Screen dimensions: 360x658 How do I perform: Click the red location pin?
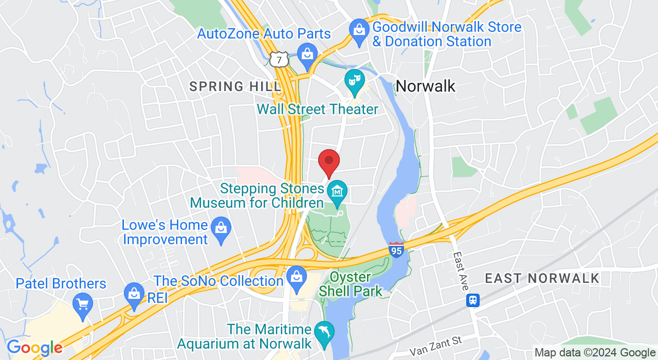[x=329, y=161]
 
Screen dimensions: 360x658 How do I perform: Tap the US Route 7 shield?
[x=279, y=60]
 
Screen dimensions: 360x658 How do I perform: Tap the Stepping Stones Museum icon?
[x=337, y=192]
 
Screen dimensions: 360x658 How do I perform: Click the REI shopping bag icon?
[x=134, y=295]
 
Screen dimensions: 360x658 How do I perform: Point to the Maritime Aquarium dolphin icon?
[x=324, y=332]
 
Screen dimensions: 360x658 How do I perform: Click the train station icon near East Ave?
[x=473, y=300]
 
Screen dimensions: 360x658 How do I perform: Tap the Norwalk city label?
[x=425, y=86]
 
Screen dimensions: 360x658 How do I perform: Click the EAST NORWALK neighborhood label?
[x=542, y=279]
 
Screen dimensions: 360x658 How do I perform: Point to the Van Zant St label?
[x=436, y=347]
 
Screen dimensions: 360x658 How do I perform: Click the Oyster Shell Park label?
[x=351, y=284]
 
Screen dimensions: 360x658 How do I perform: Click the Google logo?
[x=34, y=348]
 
